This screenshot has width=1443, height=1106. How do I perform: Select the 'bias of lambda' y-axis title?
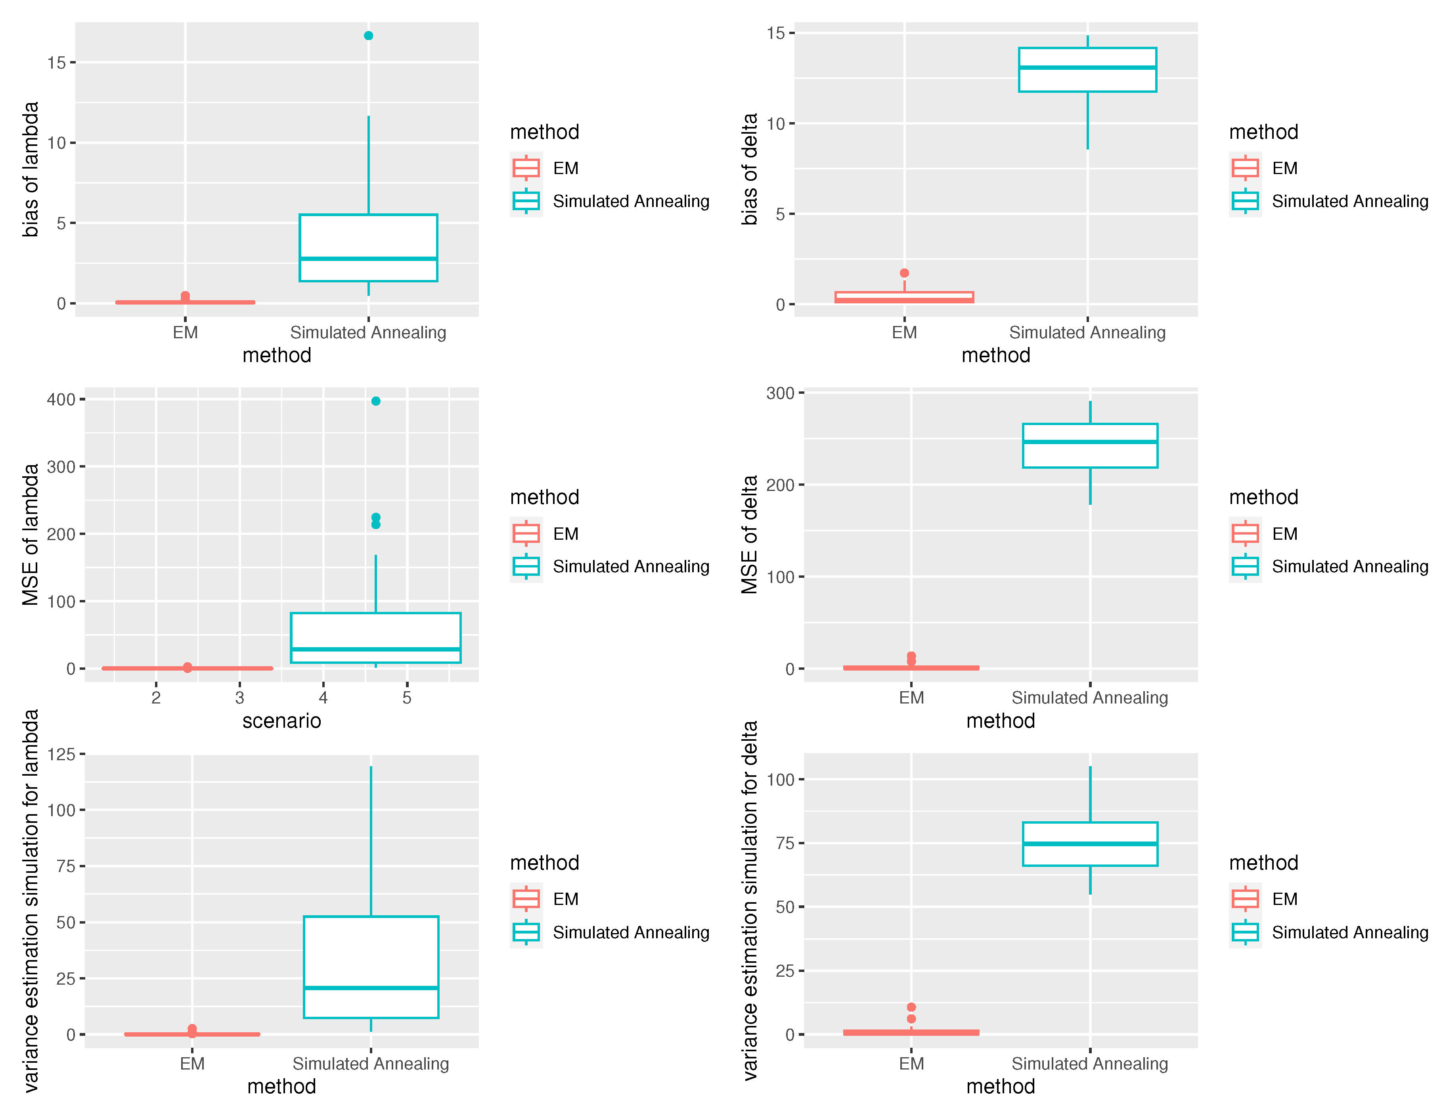pos(30,169)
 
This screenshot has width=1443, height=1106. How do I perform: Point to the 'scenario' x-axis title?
pos(281,721)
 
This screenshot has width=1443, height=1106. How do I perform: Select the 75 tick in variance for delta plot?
pos(785,843)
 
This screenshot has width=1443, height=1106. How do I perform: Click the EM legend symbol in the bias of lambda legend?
pos(526,168)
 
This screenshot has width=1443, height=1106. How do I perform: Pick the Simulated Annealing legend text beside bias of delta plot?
pos(1349,201)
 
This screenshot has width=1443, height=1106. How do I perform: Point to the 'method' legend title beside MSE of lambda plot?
pos(544,497)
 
